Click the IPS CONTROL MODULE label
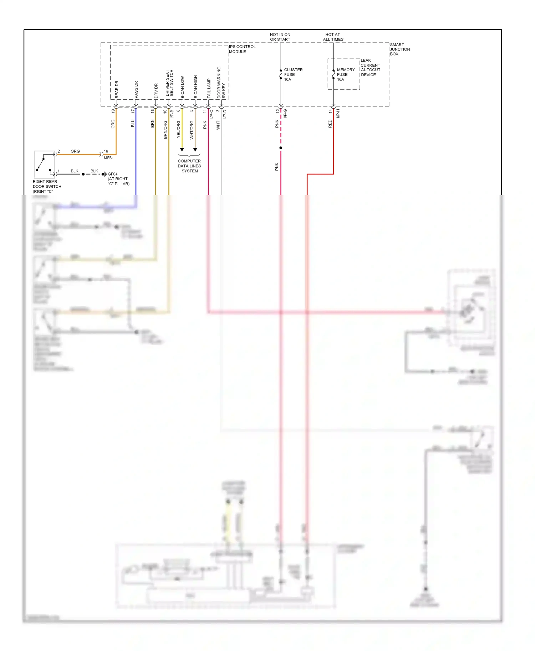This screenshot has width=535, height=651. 242,49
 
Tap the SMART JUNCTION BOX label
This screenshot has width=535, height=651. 399,50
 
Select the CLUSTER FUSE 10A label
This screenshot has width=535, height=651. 293,75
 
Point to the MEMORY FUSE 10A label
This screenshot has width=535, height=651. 345,75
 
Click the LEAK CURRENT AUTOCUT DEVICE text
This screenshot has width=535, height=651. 370,68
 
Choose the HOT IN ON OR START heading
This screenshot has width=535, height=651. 280,37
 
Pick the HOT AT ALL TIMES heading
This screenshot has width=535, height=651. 333,37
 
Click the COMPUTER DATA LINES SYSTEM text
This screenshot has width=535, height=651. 189,166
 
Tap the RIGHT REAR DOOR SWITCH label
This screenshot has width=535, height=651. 47,186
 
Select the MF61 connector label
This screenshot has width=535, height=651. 108,158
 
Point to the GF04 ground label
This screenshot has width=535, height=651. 112,174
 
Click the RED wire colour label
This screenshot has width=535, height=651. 330,124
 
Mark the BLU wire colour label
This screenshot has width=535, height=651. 133,123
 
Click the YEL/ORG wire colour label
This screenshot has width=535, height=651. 178,129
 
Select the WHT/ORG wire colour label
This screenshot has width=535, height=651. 192,130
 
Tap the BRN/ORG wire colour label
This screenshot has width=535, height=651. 165,130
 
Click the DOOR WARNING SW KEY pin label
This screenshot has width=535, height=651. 221,83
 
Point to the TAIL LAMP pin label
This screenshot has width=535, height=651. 209,88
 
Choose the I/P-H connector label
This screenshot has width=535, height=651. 338,114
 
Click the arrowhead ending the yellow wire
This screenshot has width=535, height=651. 182,150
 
